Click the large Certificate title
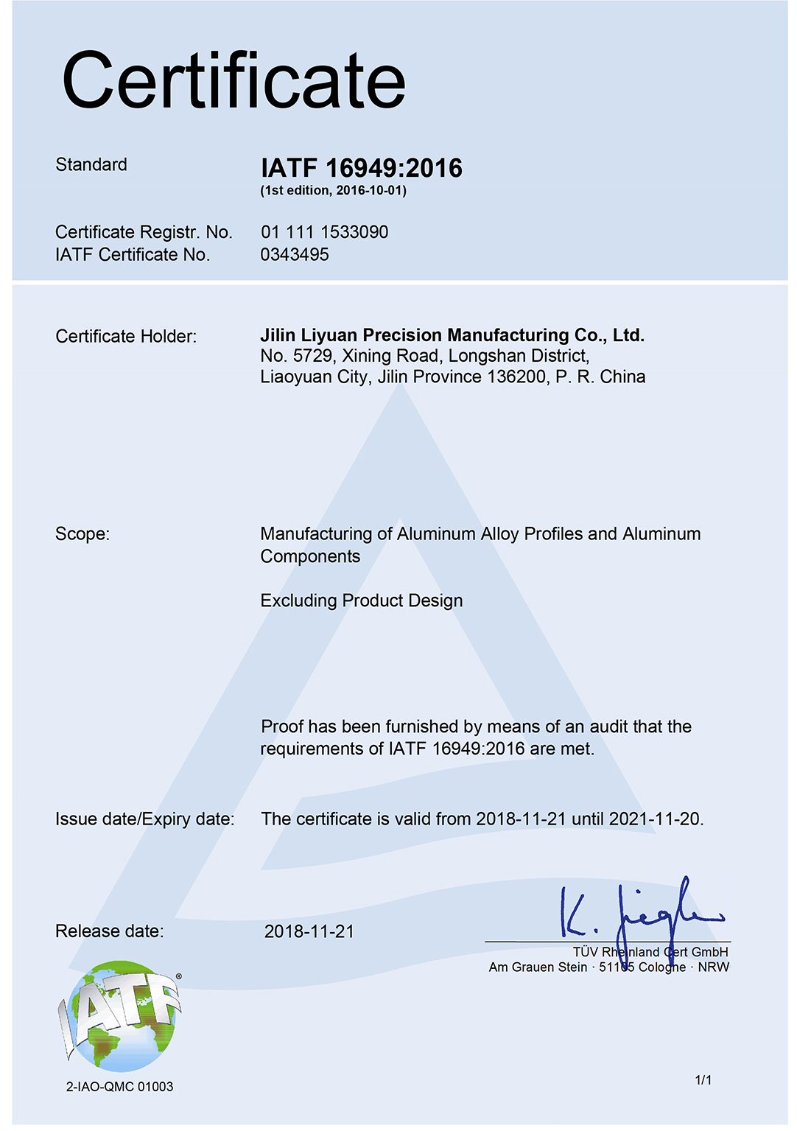click(234, 80)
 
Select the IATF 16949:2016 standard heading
click(361, 168)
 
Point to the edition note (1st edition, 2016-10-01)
click(333, 190)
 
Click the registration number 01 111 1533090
click(324, 232)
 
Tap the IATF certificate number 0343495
click(295, 255)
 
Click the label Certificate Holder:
click(126, 337)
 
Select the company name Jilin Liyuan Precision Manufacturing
click(452, 335)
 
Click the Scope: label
click(82, 533)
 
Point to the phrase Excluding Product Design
click(361, 600)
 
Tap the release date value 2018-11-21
click(309, 931)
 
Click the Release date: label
click(110, 931)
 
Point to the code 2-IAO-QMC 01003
click(119, 1087)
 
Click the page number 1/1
click(703, 1080)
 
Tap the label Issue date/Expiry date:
click(145, 819)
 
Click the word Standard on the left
click(91, 164)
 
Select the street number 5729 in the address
click(312, 356)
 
